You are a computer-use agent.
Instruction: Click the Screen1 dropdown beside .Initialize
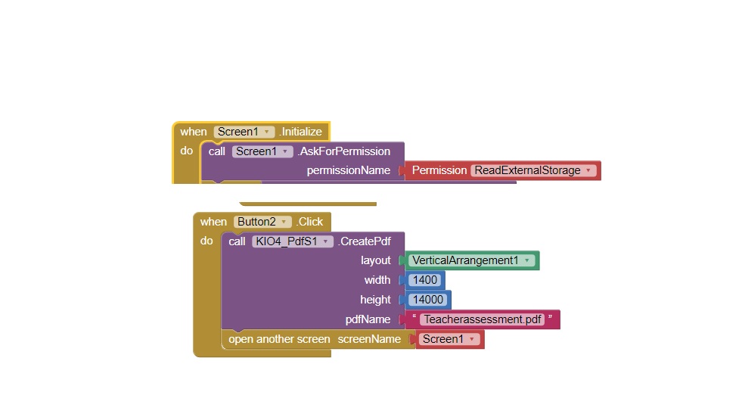click(x=244, y=132)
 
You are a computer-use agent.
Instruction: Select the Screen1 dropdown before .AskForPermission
click(x=262, y=151)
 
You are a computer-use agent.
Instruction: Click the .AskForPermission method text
click(x=343, y=151)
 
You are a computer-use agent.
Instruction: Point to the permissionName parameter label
click(x=348, y=170)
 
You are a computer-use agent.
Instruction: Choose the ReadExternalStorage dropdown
click(x=533, y=170)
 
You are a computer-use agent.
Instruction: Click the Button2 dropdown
click(x=262, y=222)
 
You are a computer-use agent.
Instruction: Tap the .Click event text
click(x=309, y=222)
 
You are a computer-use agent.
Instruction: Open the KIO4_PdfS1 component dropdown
click(x=292, y=241)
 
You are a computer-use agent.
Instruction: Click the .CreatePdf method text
click(x=364, y=241)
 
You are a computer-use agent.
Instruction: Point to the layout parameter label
click(x=375, y=260)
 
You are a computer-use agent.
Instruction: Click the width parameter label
click(x=377, y=280)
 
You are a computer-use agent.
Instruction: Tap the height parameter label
click(x=375, y=300)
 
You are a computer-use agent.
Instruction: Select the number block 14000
click(x=427, y=300)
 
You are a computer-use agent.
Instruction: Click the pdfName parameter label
click(x=368, y=319)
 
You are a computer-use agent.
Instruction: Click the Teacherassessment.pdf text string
click(x=482, y=319)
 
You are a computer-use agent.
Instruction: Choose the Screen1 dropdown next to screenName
click(x=449, y=339)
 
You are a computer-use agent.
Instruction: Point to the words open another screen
click(x=279, y=339)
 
